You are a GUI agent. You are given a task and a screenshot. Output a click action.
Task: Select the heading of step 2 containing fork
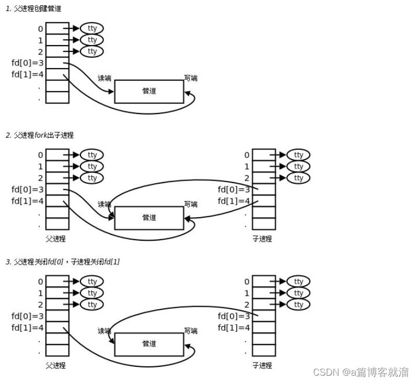point(40,135)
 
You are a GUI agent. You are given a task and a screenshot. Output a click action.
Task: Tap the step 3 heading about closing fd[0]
point(62,262)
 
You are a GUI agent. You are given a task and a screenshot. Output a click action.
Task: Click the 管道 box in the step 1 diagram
point(149,92)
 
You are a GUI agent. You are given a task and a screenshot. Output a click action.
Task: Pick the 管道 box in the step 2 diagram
point(149,218)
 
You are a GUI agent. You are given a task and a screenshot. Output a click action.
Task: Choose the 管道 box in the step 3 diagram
point(149,344)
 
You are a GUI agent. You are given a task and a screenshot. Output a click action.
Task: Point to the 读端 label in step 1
point(105,78)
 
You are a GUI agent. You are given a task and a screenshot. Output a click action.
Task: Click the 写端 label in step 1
point(191,78)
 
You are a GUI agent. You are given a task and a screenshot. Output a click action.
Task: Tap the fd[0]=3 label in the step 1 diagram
point(28,63)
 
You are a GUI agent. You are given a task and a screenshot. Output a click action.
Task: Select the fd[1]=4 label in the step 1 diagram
point(28,74)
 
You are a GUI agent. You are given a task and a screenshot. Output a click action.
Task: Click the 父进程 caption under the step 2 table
point(56,239)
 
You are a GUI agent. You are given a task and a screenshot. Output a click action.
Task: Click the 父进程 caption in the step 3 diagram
point(56,365)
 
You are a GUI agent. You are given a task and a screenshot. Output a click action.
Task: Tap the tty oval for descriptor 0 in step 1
point(93,28)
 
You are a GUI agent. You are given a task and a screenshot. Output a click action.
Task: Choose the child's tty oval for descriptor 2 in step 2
point(298,178)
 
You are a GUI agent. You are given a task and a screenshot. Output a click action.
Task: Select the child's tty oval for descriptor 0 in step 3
point(298,282)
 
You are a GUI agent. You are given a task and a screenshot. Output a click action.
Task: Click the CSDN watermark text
point(361,373)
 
